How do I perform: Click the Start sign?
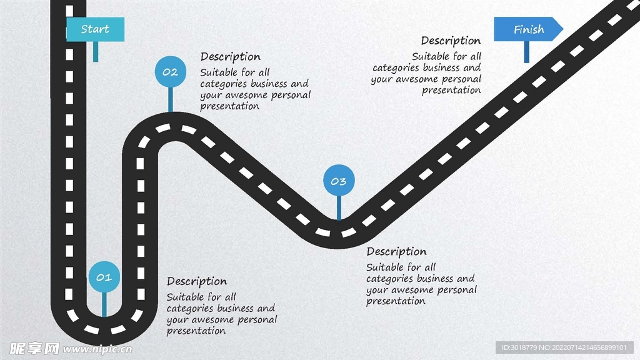[95, 29]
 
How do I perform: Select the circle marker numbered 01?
[104, 277]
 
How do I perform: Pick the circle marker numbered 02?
[170, 72]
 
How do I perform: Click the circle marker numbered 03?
[338, 181]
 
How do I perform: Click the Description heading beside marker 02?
[230, 57]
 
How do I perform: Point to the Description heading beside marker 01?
[197, 281]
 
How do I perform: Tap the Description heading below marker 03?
[396, 251]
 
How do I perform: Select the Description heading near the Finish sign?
[451, 41]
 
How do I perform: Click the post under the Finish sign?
[527, 52]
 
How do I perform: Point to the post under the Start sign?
[96, 52]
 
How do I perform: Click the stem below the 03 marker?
[338, 207]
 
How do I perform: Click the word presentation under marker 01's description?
[196, 331]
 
